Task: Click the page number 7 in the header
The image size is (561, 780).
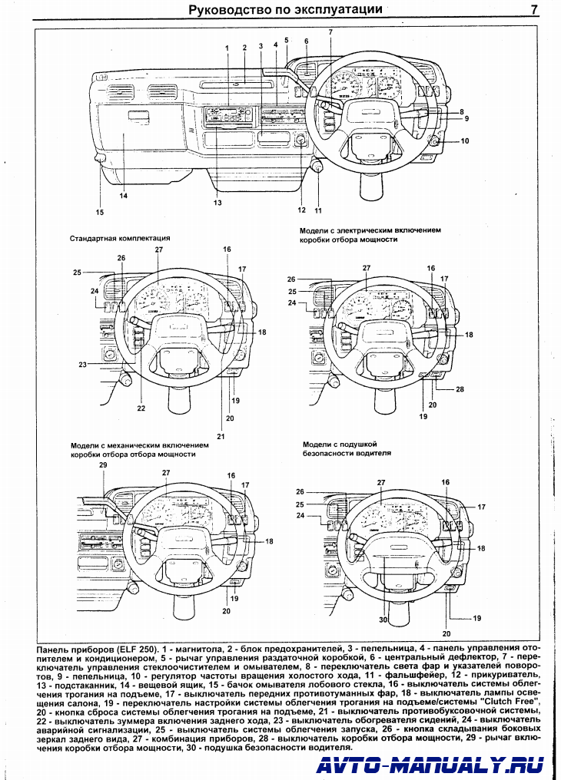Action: coord(533,10)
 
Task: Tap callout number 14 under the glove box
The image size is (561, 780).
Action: coord(123,196)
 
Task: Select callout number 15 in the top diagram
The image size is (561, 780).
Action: coord(99,212)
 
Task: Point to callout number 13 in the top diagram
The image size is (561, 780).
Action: coord(217,203)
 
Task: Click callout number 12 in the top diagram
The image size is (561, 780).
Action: coord(302,210)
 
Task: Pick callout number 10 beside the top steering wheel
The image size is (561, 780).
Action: coord(464,141)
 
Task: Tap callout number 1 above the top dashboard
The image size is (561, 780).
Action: coord(227,48)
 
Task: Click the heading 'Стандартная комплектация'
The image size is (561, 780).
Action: coord(119,239)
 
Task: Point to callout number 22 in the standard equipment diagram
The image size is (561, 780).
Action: coord(141,408)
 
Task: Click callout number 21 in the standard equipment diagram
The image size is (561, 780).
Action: coord(220,436)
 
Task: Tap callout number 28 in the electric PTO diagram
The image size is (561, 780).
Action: coord(460,389)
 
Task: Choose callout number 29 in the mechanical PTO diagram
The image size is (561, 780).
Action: coord(103,466)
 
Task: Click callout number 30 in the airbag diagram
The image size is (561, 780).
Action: coord(382,620)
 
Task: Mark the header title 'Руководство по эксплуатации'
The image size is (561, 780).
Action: coord(286,10)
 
